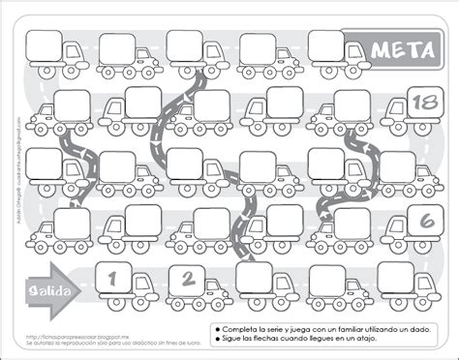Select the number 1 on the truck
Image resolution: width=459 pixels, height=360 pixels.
coord(113,279)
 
